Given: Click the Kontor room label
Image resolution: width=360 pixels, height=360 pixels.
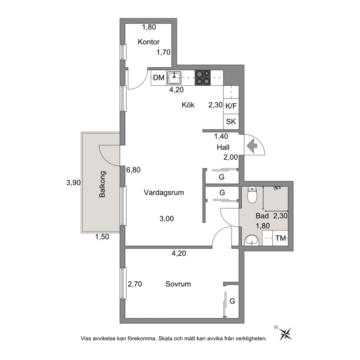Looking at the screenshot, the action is coord(148,42).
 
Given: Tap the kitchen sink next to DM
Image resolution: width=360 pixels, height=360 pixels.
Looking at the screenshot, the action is coord(174,78).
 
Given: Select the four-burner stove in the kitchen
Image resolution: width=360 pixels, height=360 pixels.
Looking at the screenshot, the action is coord(203,78).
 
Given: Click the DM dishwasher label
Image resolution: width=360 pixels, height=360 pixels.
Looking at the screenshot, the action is coord(159,78).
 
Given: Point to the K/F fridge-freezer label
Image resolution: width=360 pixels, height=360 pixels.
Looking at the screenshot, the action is coord(231,106).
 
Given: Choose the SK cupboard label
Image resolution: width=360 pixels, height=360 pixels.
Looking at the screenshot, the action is coord(231,122).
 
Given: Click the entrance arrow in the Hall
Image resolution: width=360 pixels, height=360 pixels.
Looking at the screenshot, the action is coord(252,146).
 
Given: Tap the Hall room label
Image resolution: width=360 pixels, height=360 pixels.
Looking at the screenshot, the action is coord(223,147).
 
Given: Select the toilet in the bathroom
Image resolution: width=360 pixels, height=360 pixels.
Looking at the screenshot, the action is coord(252,195).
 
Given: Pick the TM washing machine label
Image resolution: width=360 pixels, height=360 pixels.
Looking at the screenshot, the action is coord(281,238).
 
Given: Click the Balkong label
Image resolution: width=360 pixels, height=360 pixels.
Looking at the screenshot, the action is coord(102,184).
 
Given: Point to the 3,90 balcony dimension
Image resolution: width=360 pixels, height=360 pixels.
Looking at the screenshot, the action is coord(73,183).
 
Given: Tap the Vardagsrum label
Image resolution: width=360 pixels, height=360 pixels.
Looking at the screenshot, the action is coord(164,192).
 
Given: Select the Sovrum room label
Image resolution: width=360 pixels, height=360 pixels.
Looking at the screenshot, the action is coord(178,284).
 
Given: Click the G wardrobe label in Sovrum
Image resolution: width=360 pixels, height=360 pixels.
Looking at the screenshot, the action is coord(232,301).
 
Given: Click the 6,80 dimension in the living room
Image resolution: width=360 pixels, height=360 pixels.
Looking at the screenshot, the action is coord(134,170).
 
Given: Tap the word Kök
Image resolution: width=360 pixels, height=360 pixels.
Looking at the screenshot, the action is coord(188,105).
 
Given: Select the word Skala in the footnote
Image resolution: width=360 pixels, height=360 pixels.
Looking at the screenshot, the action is coord(165,339).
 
